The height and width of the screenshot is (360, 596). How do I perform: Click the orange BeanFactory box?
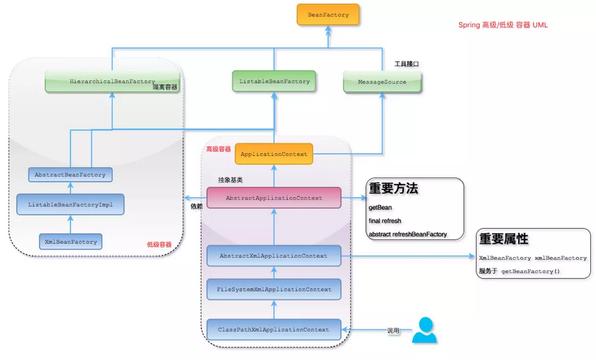pyautogui.click(x=328, y=14)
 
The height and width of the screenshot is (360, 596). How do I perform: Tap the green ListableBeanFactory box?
pyautogui.click(x=274, y=82)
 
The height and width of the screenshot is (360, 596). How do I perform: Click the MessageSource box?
pyautogui.click(x=382, y=82)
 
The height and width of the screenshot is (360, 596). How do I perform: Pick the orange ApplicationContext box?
pyautogui.click(x=274, y=154)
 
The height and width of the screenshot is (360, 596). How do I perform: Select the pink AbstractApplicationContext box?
pyautogui.click(x=274, y=198)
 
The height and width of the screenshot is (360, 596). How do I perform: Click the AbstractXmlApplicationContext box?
pyautogui.click(x=274, y=256)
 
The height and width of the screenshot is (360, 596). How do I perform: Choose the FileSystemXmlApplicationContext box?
pyautogui.click(x=274, y=289)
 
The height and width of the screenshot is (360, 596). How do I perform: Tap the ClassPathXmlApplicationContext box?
pyautogui.click(x=274, y=329)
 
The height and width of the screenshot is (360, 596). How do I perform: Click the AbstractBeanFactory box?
pyautogui.click(x=70, y=174)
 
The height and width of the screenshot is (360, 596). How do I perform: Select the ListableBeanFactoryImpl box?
pyautogui.click(x=70, y=204)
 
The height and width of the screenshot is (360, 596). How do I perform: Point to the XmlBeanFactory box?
pyautogui.click(x=70, y=241)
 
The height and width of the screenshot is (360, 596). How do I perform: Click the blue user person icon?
pyautogui.click(x=425, y=331)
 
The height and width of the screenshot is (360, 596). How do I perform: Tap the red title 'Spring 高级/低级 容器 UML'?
pyautogui.click(x=503, y=25)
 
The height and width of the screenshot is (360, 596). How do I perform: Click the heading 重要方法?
pyautogui.click(x=393, y=189)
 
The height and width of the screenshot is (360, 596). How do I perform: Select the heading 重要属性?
pyautogui.click(x=503, y=239)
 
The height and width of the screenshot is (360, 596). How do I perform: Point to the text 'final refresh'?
pyautogui.click(x=385, y=221)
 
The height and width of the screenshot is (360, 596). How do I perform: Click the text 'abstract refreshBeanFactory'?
pyautogui.click(x=407, y=234)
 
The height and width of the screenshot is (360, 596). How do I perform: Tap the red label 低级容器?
pyautogui.click(x=159, y=244)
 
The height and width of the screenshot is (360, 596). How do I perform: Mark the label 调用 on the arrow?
pyautogui.click(x=393, y=331)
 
